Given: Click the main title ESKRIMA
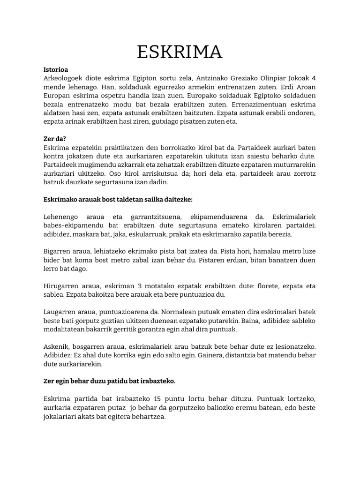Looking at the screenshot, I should pos(180,52).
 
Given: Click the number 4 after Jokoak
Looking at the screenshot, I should pos(314,78).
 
